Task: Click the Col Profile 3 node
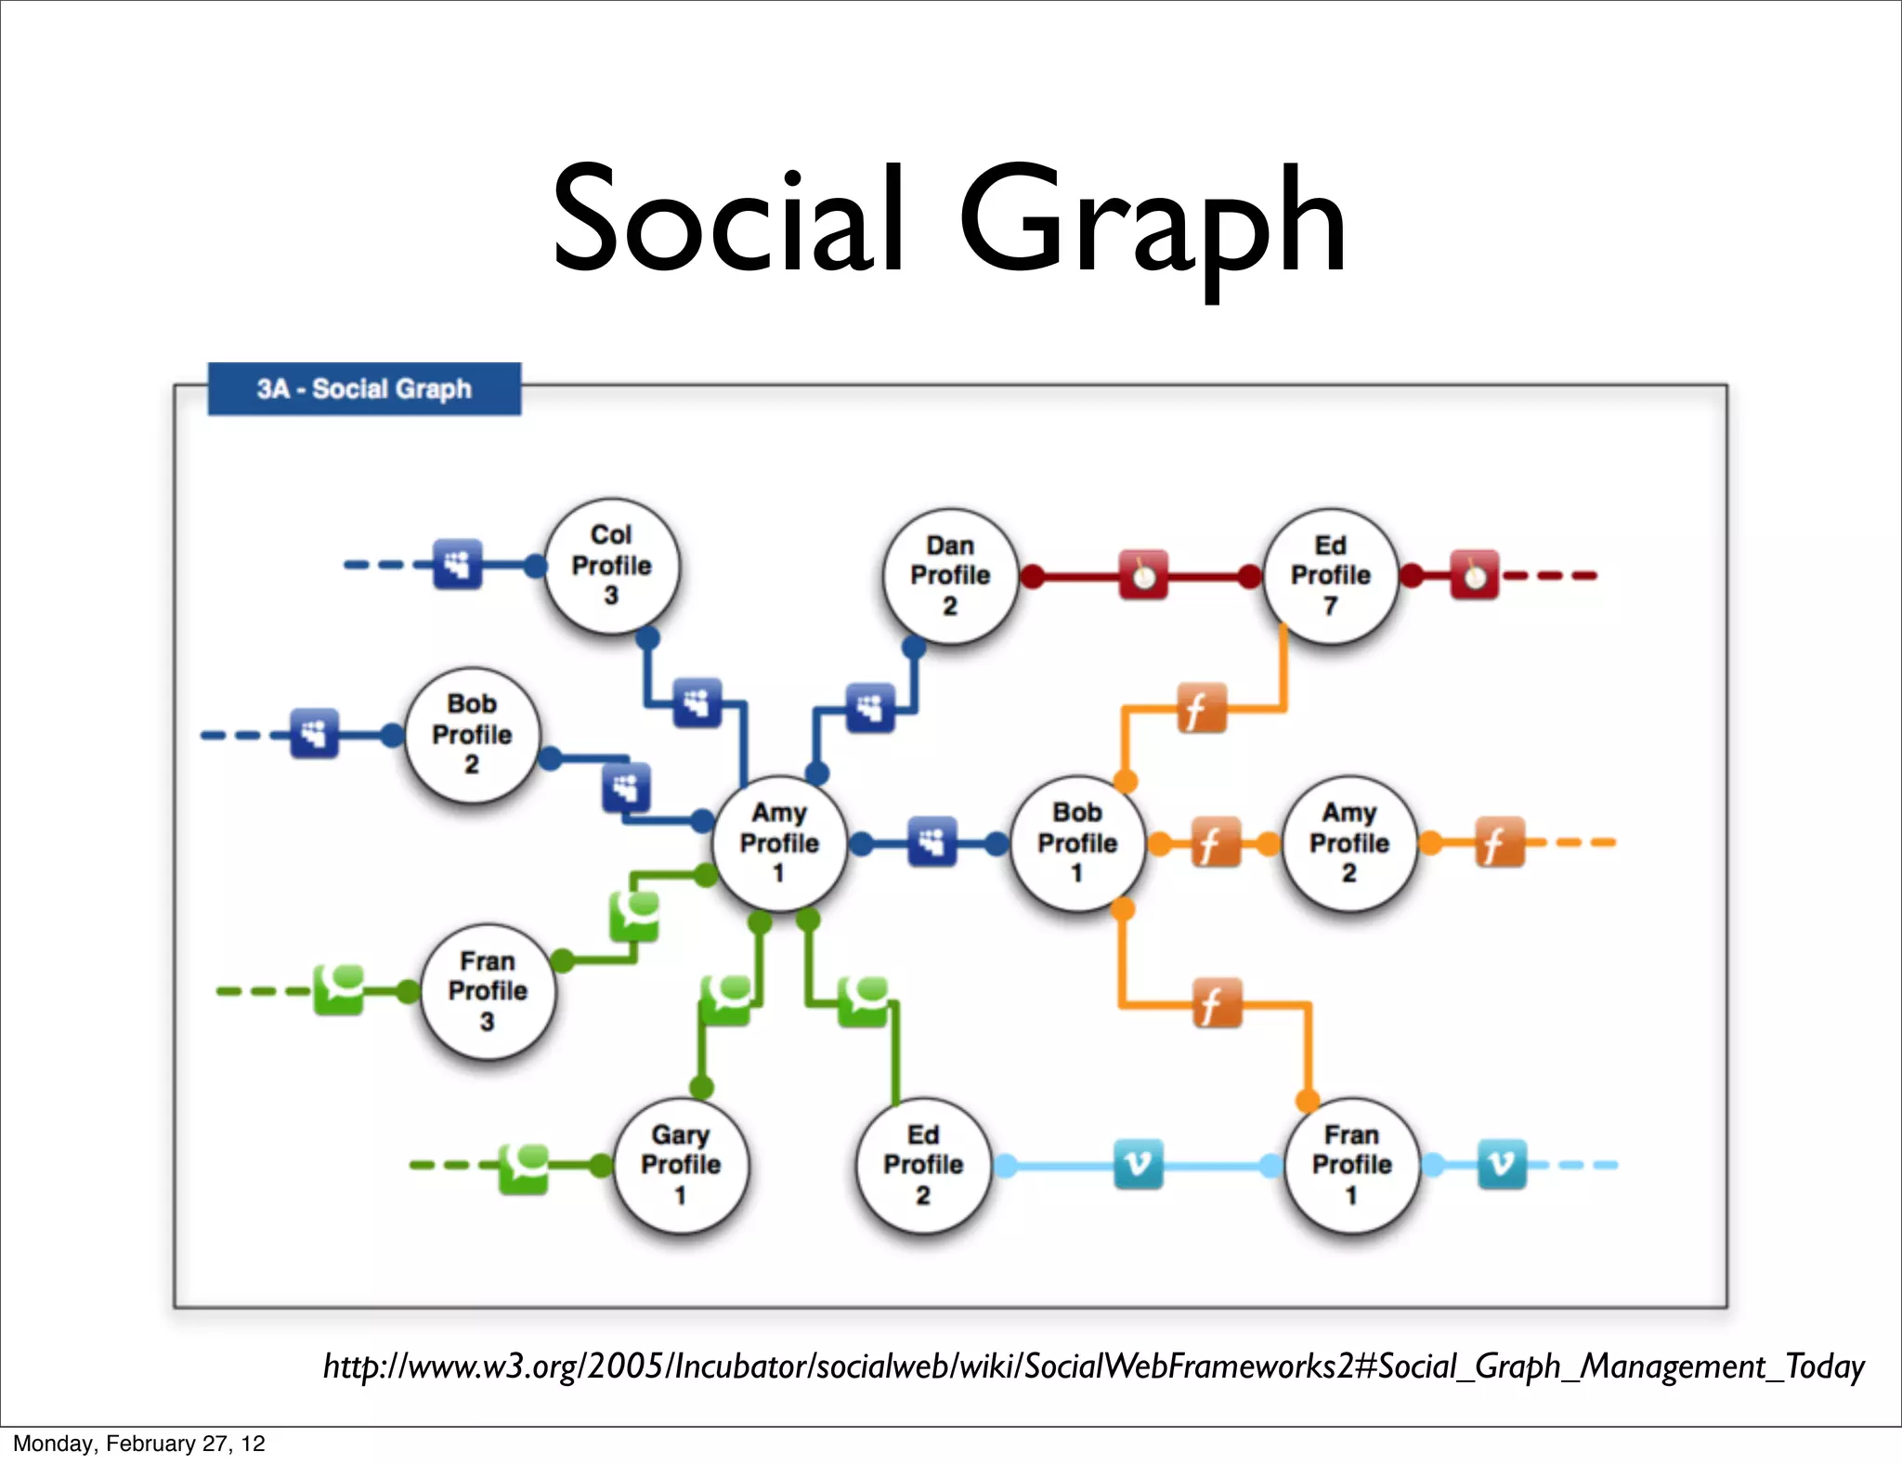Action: point(611,565)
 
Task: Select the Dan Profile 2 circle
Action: point(950,575)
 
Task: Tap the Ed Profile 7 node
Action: point(1330,575)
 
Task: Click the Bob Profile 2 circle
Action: point(472,734)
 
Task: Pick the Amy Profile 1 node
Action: point(779,843)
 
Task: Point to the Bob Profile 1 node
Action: point(1077,843)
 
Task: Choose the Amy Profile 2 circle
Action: point(1349,843)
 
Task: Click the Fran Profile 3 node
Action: point(488,990)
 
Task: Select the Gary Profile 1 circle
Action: point(681,1164)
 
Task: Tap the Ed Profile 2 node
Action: point(923,1164)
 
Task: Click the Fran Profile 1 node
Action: point(1351,1164)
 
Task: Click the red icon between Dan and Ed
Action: point(1143,576)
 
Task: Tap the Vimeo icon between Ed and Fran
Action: point(1138,1164)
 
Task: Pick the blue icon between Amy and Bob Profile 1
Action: point(931,843)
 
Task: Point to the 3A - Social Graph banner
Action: point(364,388)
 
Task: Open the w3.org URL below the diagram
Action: point(1093,1366)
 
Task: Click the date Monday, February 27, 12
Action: point(139,1443)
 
